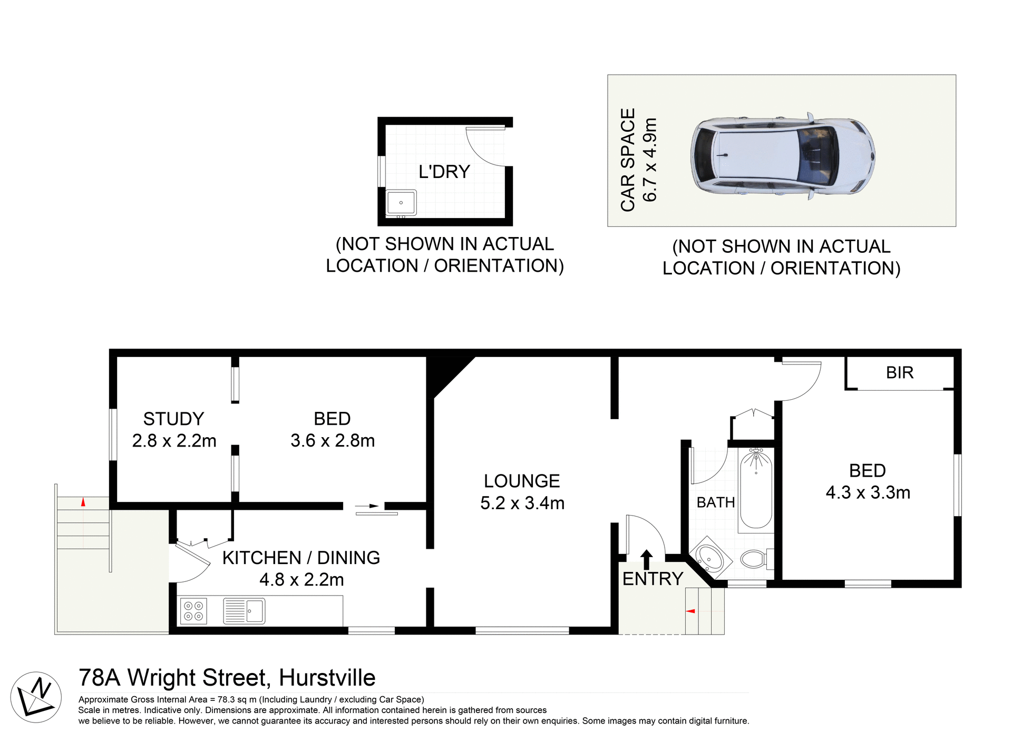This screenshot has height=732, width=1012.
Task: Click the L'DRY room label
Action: click(x=444, y=172)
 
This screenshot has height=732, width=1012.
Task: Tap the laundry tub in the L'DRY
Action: click(x=401, y=203)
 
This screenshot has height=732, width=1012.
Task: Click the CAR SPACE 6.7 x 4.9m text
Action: click(x=638, y=160)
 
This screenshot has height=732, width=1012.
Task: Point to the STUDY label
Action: click(x=173, y=419)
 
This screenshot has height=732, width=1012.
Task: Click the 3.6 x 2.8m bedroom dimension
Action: click(x=333, y=441)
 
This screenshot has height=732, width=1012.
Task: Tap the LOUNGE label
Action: click(x=522, y=481)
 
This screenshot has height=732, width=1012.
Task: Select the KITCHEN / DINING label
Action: click(x=301, y=558)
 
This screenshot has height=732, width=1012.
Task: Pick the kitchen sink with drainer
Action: click(x=244, y=611)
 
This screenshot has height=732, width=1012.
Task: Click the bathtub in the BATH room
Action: click(x=756, y=489)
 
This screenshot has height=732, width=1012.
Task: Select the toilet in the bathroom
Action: click(x=755, y=559)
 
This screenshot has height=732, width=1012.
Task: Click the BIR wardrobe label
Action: click(x=899, y=373)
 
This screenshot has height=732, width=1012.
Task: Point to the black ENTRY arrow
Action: click(x=647, y=559)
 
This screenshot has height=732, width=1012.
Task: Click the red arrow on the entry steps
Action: click(x=690, y=611)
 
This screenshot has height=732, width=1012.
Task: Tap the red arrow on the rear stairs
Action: click(x=83, y=502)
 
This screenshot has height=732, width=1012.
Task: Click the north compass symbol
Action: click(x=36, y=697)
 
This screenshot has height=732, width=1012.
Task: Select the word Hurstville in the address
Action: click(x=327, y=678)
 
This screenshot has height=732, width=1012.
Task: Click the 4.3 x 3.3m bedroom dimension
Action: click(x=868, y=493)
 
